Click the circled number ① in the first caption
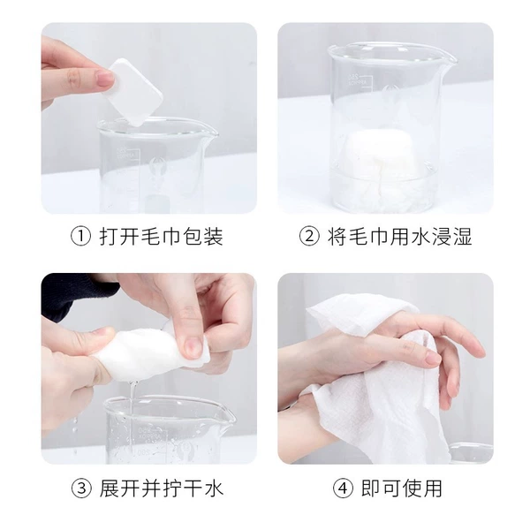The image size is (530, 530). click(x=80, y=236)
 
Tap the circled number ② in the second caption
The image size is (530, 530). click(x=309, y=236)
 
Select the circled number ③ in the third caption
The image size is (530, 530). click(x=81, y=488)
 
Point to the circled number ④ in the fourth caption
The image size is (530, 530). click(x=343, y=488)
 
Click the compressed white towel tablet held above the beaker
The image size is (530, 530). click(x=134, y=92)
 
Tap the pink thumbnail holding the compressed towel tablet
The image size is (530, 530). click(x=105, y=79)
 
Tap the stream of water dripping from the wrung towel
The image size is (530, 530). click(x=132, y=396)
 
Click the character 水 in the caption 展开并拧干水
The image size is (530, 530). click(x=213, y=488)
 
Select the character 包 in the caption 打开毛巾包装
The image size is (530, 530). click(x=193, y=236)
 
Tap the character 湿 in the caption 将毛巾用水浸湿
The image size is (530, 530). click(x=461, y=236)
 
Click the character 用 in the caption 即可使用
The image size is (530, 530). click(x=432, y=488)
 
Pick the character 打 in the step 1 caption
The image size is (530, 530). click(x=110, y=236)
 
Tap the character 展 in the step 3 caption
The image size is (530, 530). click(x=110, y=488)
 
